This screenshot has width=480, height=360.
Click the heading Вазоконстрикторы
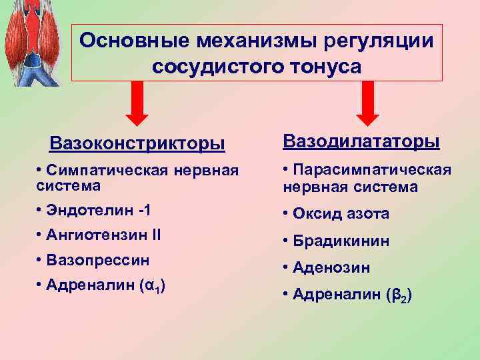[x=137, y=143]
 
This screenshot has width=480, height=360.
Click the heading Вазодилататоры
[x=361, y=141]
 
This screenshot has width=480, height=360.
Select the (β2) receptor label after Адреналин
[x=396, y=294]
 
